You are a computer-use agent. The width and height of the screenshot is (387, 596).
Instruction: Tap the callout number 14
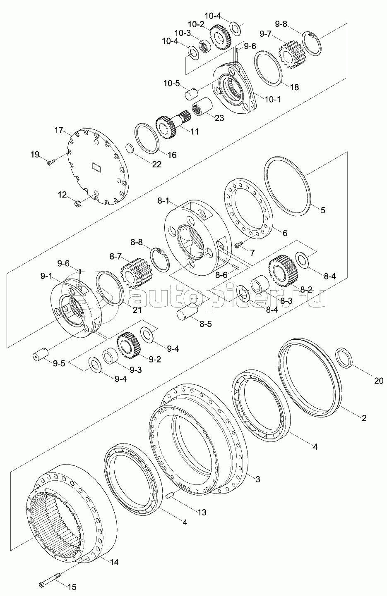114,562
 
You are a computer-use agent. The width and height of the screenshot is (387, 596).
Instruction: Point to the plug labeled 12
77,203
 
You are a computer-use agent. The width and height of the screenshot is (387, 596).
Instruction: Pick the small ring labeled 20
344,357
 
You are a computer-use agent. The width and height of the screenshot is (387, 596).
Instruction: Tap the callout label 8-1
163,201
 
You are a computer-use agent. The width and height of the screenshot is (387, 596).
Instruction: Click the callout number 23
219,118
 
